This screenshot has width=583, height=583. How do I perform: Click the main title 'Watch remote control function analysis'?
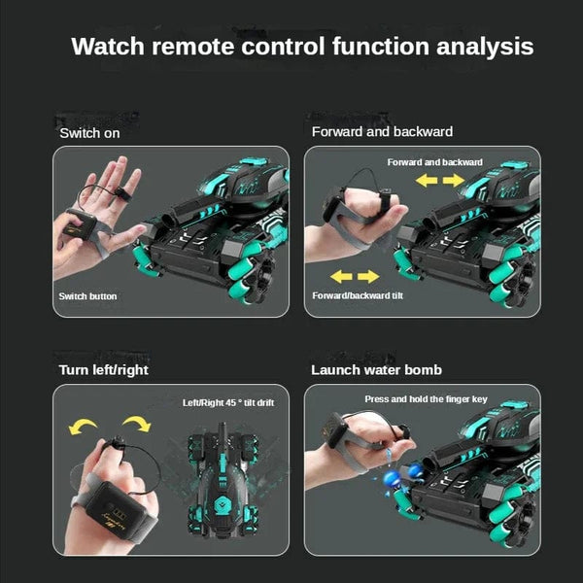(302, 46)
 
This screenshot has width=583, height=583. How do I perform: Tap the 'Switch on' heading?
(89, 133)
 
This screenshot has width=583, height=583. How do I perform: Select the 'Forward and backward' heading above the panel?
(382, 131)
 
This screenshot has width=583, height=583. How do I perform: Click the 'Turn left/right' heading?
(104, 369)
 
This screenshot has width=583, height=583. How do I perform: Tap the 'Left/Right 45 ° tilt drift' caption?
(228, 401)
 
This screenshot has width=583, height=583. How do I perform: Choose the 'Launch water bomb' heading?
(376, 369)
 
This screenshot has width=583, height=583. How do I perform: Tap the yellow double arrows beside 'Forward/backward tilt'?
(347, 277)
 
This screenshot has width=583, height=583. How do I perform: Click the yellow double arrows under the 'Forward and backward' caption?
(441, 181)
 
